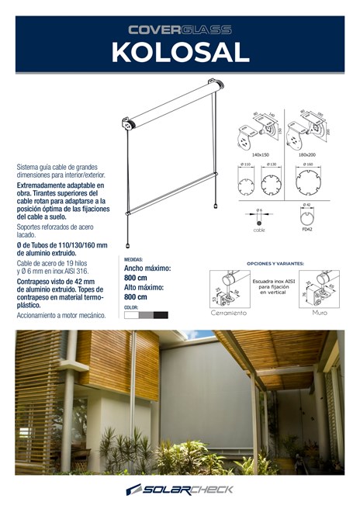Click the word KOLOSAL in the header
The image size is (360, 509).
179,51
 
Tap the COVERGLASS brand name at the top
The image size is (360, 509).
179,29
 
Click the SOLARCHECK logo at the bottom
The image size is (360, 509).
179,490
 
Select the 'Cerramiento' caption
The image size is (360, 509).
229,313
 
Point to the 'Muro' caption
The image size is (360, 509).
319,313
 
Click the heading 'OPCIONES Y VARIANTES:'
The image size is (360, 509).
275,264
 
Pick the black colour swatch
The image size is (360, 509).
161,315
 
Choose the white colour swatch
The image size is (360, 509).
131,315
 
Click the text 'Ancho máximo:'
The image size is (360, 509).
147,268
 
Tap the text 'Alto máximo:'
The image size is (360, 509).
145,287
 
